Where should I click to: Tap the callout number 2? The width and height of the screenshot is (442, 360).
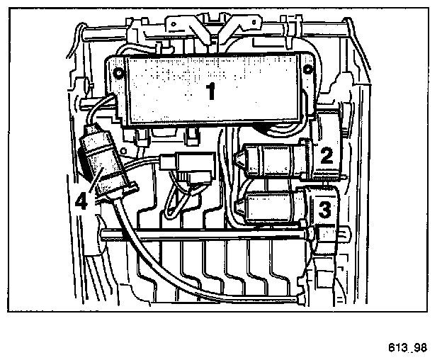pyautogui.click(x=327, y=155)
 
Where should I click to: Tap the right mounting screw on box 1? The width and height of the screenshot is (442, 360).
pyautogui.click(x=307, y=70)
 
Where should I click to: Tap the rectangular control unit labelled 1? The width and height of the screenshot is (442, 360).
pyautogui.click(x=212, y=89)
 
